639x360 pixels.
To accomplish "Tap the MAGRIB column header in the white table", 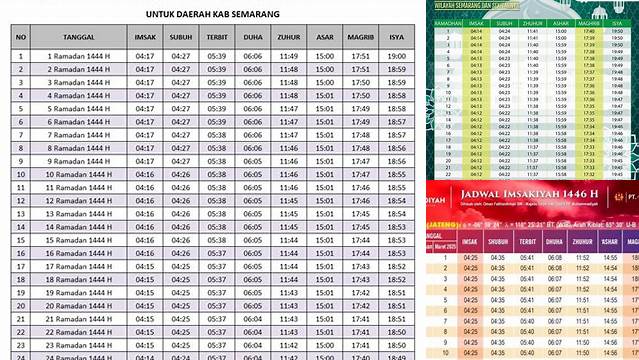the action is (x=361, y=38).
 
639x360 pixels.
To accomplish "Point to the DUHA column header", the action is (x=253, y=38).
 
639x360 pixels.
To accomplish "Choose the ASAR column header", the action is (x=325, y=38).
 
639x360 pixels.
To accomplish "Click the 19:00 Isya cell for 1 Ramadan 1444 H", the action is (x=397, y=56).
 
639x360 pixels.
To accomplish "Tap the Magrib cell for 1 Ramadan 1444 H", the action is (x=361, y=56).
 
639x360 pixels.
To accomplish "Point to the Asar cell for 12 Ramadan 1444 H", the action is (x=325, y=200).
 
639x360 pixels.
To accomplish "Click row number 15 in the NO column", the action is (x=20, y=240).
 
